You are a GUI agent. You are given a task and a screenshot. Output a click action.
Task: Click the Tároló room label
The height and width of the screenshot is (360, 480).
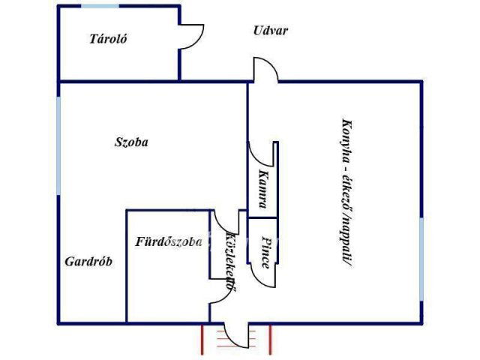click(108, 39)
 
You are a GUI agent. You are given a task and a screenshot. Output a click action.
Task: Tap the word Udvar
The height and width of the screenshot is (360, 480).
click(271, 31)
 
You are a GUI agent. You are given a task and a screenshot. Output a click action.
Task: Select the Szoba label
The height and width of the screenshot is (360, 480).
click(131, 142)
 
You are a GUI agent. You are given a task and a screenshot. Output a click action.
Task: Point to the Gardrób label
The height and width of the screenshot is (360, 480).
click(88, 262)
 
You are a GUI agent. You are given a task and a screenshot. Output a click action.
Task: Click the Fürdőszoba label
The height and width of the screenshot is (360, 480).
click(169, 241)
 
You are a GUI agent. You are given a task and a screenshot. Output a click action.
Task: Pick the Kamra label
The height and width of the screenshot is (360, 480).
click(263, 189)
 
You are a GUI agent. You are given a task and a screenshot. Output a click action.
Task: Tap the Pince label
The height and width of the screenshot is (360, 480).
click(266, 252)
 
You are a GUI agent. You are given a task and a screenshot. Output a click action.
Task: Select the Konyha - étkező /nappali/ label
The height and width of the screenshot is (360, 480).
click(346, 193)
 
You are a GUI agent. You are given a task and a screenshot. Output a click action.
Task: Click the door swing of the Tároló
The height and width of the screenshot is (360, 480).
click(192, 37)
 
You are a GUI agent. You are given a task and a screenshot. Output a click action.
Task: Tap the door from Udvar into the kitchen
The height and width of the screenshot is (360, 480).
click(265, 70)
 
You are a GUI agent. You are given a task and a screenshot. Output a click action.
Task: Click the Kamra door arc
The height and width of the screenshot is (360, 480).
click(260, 154)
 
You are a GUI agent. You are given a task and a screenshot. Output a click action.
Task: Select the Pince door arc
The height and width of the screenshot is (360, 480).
click(262, 275)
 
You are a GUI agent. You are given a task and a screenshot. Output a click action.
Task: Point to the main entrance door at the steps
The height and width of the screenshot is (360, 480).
click(236, 335)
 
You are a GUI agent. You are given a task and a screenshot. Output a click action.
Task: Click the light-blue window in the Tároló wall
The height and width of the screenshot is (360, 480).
click(100, 6)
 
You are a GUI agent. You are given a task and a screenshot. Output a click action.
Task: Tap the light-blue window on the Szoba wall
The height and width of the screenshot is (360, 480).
click(58, 145)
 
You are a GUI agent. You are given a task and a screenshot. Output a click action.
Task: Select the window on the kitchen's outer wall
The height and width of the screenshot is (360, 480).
click(421, 259)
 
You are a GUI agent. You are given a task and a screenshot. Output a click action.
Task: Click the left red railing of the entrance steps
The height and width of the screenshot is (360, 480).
click(202, 340)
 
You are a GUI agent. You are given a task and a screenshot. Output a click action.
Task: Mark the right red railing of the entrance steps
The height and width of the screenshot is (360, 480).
click(270, 340)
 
